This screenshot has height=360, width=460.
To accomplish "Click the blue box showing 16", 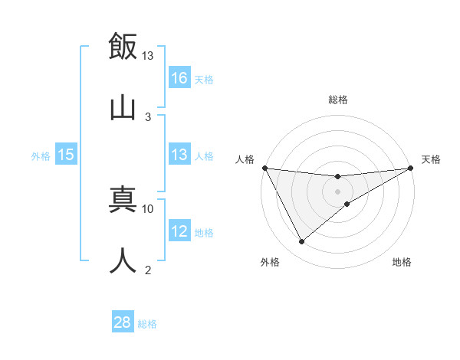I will click(179, 77).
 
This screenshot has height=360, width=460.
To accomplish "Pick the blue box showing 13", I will click(179, 155).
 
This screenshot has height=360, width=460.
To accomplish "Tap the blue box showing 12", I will click(179, 231).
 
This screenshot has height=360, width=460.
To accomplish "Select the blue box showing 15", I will click(66, 155).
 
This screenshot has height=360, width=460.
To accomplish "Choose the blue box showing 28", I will click(123, 322).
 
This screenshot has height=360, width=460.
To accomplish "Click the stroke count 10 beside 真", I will click(148, 208).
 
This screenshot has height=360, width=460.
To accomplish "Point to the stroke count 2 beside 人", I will click(148, 270).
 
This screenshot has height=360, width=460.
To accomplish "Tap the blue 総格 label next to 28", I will click(147, 324).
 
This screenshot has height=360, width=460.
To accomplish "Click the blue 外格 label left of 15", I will click(41, 155).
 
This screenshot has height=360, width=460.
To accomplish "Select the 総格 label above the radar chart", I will click(338, 100).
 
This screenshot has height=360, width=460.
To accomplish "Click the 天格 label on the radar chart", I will click(431, 159).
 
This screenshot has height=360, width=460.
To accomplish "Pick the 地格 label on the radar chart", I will click(402, 263).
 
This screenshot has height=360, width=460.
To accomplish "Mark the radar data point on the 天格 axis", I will click(411, 168).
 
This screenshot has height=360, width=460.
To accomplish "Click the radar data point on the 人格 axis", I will click(265, 168).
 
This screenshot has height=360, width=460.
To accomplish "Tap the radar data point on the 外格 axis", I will click(301, 242).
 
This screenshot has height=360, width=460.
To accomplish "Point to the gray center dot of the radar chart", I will click(338, 191).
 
